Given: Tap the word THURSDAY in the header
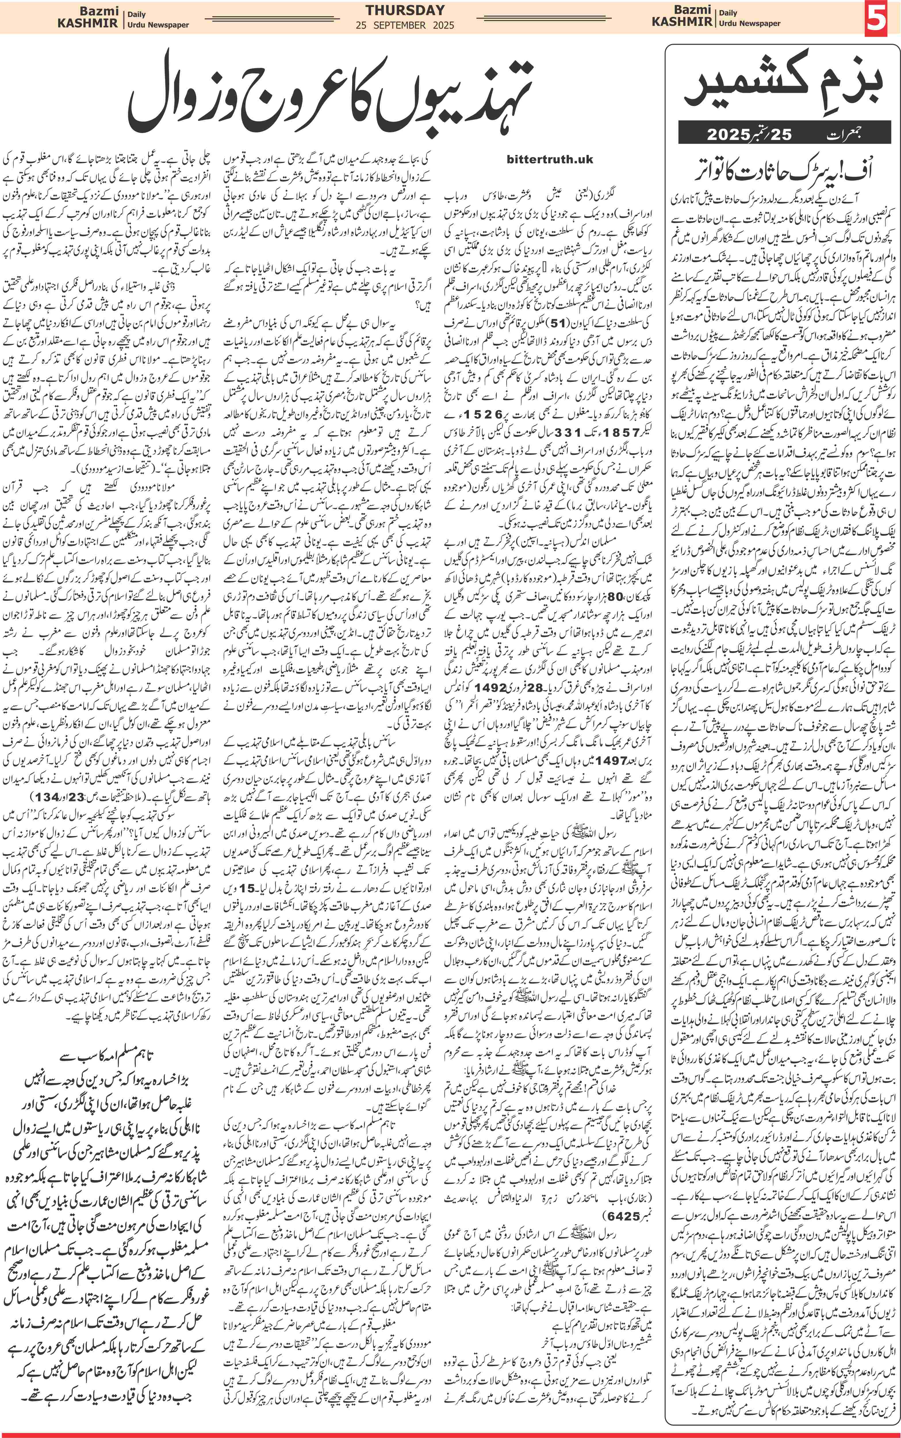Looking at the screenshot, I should point(405,10).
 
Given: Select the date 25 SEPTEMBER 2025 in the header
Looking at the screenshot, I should point(405,25).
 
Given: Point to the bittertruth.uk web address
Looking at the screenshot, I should point(549,159).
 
